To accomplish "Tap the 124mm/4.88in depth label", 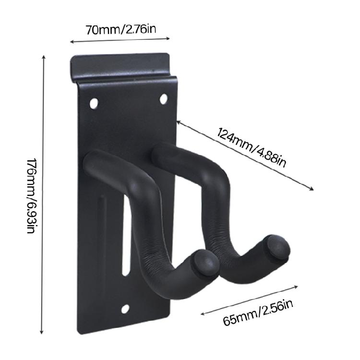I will [252, 147].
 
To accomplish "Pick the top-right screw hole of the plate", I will [163, 98].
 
